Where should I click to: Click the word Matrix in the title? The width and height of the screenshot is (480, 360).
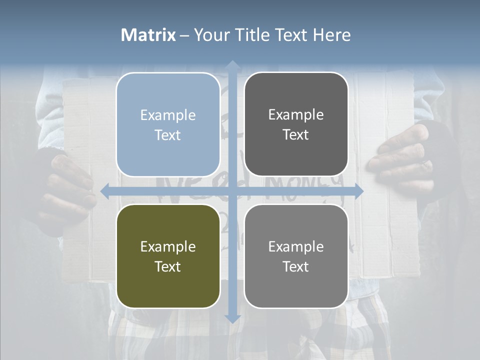[x=148, y=35]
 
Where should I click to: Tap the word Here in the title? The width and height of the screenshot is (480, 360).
[x=331, y=35]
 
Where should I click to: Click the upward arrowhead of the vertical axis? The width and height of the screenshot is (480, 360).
[x=232, y=65]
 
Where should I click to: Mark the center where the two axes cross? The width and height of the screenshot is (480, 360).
[x=232, y=190]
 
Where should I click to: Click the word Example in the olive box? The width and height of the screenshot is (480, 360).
[x=168, y=246]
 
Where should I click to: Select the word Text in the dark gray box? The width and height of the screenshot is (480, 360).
[x=296, y=134]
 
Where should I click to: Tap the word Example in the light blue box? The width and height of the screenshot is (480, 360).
[x=168, y=115]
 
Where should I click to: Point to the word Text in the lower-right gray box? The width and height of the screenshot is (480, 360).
[x=296, y=266]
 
